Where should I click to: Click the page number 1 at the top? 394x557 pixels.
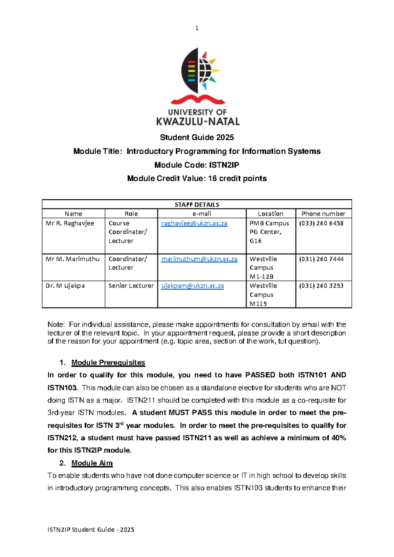(x=197, y=28)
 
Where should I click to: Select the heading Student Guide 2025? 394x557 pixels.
(x=197, y=137)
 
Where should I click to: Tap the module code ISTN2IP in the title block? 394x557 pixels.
(x=224, y=165)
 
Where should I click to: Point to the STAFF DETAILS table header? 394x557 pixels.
(x=197, y=205)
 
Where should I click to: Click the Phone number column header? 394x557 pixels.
(x=323, y=214)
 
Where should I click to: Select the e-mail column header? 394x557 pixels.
(x=202, y=214)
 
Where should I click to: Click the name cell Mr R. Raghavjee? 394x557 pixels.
(x=70, y=223)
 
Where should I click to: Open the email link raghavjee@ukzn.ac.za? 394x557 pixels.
(x=194, y=223)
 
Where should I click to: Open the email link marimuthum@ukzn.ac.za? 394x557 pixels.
(x=199, y=259)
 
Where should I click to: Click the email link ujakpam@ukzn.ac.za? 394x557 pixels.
(x=192, y=286)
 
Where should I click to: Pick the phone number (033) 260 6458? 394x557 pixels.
(x=321, y=223)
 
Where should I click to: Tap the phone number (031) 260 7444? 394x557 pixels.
(x=321, y=259)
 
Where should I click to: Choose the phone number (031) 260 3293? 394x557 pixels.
(x=321, y=286)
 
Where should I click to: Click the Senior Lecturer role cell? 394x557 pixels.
(x=131, y=286)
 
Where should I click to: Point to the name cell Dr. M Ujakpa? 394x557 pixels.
(x=65, y=286)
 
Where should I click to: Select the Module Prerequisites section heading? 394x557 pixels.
(x=108, y=363)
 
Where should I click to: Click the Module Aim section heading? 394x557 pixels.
(x=92, y=463)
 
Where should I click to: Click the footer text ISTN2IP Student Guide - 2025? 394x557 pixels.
(x=91, y=529)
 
